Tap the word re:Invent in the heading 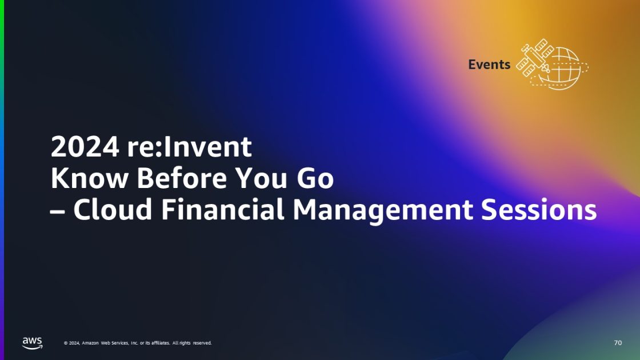point(186,147)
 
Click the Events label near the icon point(489,65)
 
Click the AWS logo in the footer point(32,342)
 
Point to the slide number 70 point(618,343)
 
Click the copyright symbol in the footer point(66,343)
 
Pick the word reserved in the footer point(202,343)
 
